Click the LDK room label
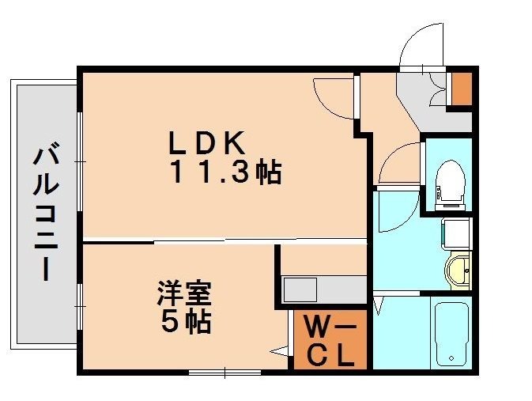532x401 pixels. pos(203,143)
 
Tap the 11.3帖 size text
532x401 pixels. pos(224,172)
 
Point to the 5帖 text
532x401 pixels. pos(183,321)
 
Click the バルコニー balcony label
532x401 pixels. pos(46,213)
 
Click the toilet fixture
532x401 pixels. pos(451,180)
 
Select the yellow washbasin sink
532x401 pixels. pos(458,269)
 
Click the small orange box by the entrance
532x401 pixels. pos(460,89)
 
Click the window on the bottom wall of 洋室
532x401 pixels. pos(224,372)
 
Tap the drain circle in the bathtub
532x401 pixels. pos(451,359)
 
